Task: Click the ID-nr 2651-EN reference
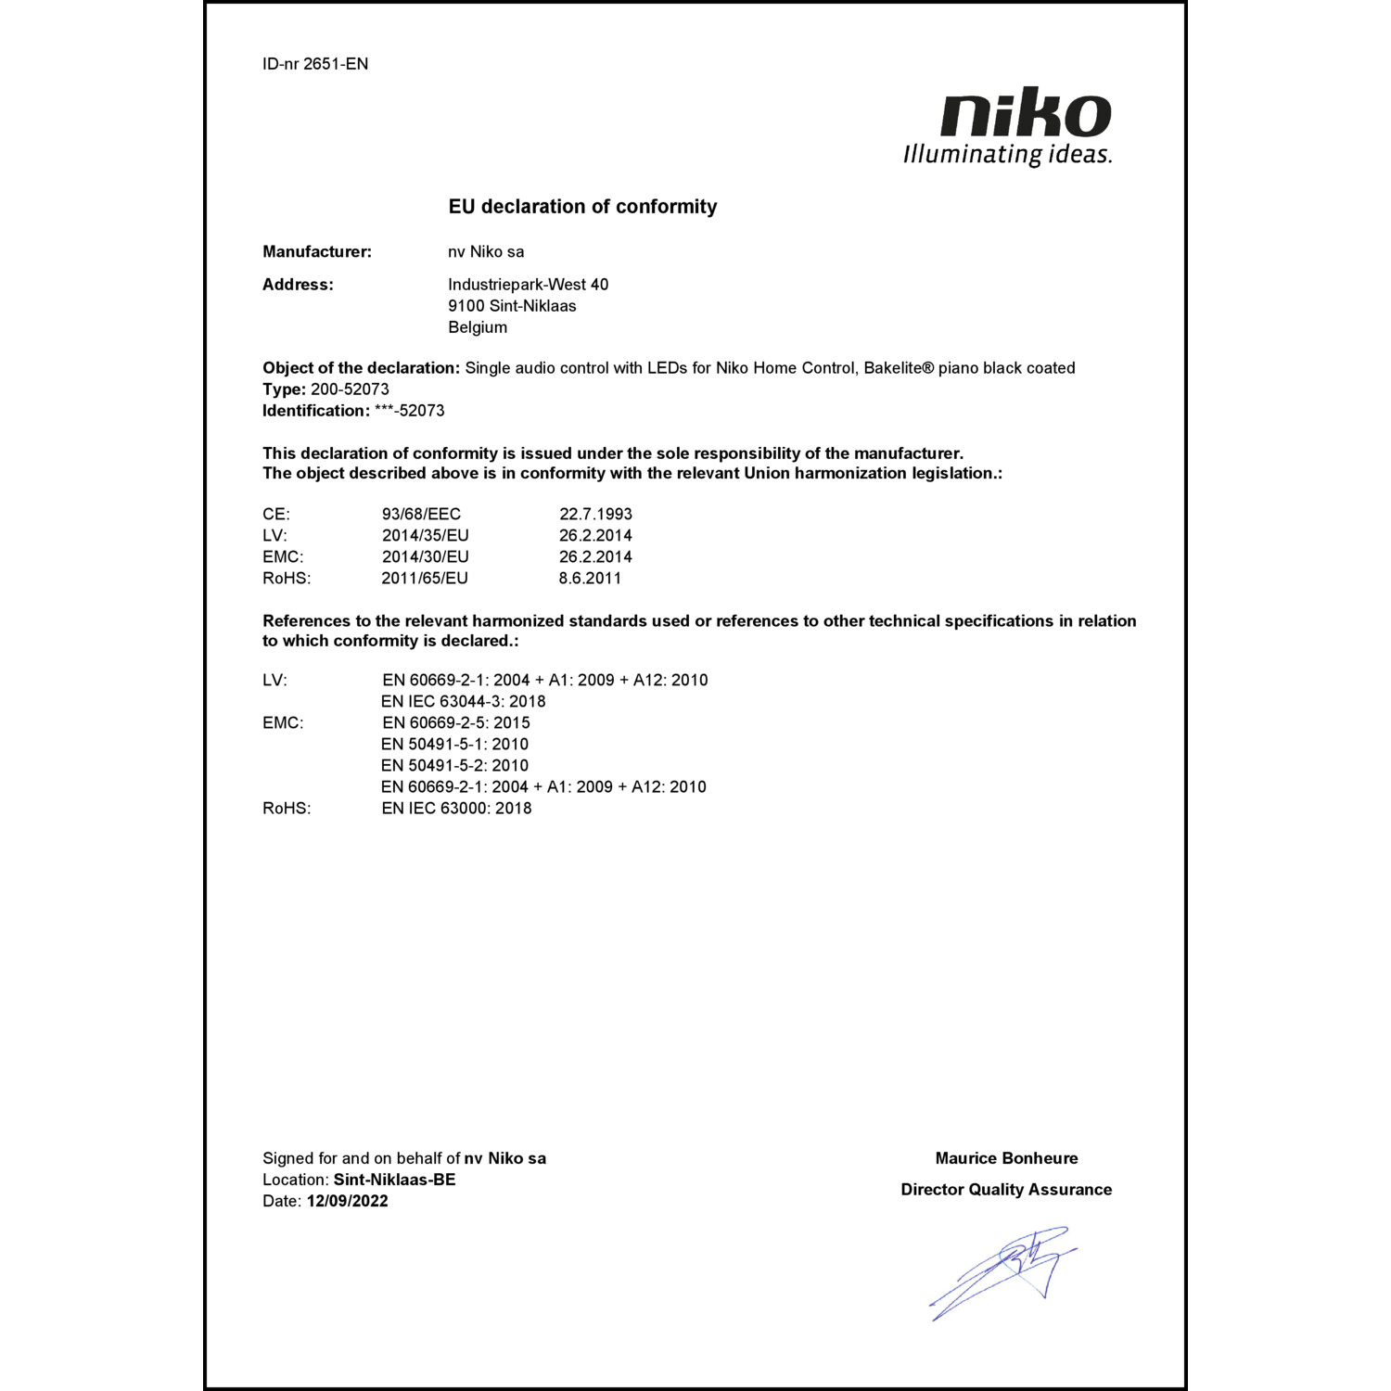315,64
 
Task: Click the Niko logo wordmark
1026,114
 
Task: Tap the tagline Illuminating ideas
1007,154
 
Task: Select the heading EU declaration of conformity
582,206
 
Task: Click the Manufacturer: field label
317,251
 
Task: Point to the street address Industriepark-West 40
528,285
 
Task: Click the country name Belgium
478,327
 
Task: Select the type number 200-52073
350,389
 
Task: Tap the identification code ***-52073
409,411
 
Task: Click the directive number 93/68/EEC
421,514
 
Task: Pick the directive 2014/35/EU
426,535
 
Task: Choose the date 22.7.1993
595,514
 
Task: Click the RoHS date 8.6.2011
590,578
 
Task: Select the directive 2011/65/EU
425,578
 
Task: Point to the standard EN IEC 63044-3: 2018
463,701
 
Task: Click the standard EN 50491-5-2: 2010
454,765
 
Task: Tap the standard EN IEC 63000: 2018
456,808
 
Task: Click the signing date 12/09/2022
348,1201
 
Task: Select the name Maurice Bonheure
1006,1158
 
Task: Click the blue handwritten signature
1006,1270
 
